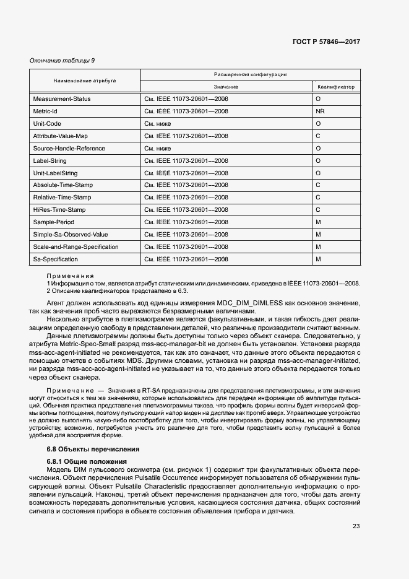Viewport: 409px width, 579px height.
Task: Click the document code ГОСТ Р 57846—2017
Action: point(326,41)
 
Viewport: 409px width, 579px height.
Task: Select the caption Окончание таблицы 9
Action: point(62,60)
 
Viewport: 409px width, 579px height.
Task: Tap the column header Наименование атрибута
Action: point(85,81)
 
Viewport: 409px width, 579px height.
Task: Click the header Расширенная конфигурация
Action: point(250,74)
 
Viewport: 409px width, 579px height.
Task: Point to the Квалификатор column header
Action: point(336,87)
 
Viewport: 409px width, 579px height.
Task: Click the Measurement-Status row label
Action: point(62,99)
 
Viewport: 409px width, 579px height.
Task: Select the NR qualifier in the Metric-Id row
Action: point(320,111)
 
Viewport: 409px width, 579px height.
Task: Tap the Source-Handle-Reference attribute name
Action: point(69,148)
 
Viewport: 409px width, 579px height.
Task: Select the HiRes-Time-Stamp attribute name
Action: point(59,210)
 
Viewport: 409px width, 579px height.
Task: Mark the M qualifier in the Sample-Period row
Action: point(318,222)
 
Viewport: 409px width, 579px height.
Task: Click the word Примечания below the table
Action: point(71,276)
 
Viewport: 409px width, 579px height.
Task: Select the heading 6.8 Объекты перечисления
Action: point(93,449)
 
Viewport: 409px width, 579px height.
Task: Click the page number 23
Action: point(356,526)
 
